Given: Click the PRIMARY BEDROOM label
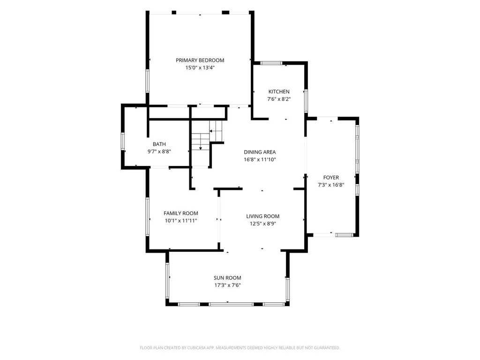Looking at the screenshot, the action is (200, 60).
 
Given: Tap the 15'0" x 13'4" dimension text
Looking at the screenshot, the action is (200, 67).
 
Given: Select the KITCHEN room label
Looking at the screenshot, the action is (279, 91).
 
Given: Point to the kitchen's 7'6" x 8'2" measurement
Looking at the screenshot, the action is (279, 99).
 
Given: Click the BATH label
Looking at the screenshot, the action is (159, 144).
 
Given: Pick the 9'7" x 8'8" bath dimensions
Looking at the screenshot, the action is (159, 151).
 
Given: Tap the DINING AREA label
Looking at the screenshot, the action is (260, 152).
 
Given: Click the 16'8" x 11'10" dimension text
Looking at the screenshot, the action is (260, 159).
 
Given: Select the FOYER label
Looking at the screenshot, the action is (331, 178).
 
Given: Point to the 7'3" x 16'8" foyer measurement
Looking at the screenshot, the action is (331, 185).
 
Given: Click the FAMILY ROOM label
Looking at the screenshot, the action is (180, 213).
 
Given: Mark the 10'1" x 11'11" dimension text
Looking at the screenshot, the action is (180, 221).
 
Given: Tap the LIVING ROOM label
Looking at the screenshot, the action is (262, 217).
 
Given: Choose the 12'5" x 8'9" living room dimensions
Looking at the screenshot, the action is (262, 224).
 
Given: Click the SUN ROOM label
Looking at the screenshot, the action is (227, 278).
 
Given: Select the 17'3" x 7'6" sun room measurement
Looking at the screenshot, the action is (227, 285).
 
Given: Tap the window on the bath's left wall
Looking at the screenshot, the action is (123, 142).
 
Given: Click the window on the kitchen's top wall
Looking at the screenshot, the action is (271, 63).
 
